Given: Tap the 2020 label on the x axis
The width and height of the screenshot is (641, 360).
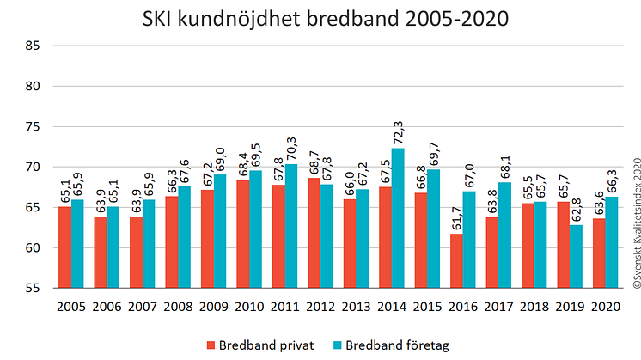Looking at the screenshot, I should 605,306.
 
